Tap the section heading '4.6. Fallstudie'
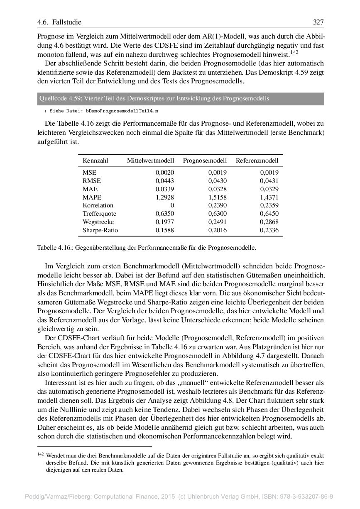point(59,22)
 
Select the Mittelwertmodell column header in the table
point(150,161)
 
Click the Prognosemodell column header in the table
point(205,161)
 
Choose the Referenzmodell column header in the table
point(257,161)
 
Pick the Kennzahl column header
point(95,161)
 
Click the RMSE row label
point(92,181)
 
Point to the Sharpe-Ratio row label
point(100,230)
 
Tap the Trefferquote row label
point(99,214)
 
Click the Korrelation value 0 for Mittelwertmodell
point(172,205)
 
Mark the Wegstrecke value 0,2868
point(269,222)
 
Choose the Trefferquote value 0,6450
point(269,214)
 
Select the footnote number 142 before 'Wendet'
point(40,454)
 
